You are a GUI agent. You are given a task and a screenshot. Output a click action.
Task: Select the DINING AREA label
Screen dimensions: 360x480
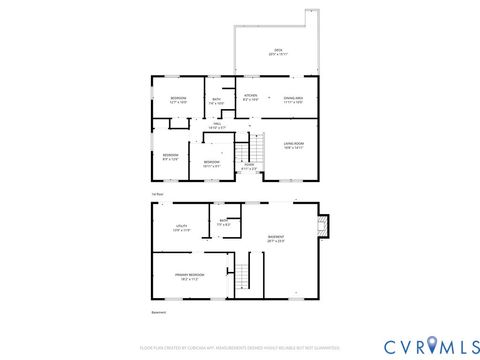point(293,98)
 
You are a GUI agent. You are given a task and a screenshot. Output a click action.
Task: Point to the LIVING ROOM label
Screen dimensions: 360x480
point(293,144)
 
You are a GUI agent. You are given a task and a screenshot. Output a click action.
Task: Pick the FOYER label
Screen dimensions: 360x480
point(250,166)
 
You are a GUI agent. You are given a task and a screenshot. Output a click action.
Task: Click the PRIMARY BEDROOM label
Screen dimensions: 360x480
point(188,277)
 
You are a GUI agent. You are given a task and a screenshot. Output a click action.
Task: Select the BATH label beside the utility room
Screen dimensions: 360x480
point(224,223)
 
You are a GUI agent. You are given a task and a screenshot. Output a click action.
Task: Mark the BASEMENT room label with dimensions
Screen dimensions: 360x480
point(276,239)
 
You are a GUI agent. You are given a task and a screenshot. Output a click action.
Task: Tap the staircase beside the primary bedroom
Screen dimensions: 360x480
point(241,275)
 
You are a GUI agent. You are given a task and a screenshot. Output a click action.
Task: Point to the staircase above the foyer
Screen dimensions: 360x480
point(247,150)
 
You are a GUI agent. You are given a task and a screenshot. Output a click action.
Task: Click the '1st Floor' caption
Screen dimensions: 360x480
point(157,193)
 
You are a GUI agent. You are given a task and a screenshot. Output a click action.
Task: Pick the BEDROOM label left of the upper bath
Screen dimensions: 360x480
point(179,99)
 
